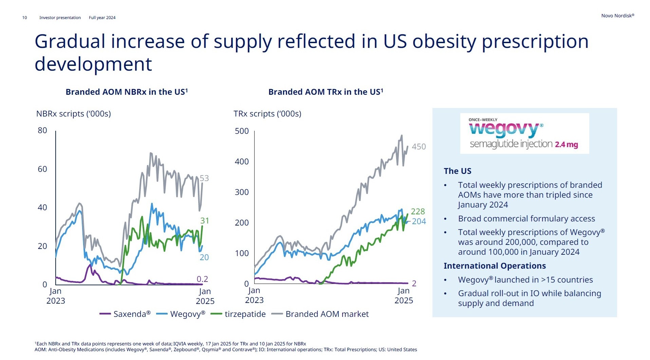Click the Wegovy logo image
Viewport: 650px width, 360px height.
tap(524, 133)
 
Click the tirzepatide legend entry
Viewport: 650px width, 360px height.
tap(238, 314)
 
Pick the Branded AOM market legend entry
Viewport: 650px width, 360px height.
tap(320, 314)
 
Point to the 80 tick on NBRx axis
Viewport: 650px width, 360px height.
tap(42, 130)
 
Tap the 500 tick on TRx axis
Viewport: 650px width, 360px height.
tap(242, 131)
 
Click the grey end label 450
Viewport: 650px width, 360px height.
tap(419, 147)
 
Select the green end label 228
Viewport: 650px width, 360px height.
tap(417, 211)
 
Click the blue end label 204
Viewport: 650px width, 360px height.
tap(419, 221)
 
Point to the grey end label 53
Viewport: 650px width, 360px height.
tap(204, 178)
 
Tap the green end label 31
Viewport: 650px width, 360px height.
tap(204, 221)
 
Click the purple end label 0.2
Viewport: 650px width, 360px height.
tap(202, 279)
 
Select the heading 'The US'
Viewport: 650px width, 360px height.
tap(457, 171)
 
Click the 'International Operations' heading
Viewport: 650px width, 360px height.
tap(495, 266)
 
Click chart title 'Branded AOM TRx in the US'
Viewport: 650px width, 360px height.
tap(326, 92)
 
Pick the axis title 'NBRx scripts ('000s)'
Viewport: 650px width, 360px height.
tap(73, 114)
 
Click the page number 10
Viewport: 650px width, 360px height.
tap(24, 18)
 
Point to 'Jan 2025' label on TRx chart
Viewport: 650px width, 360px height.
tap(404, 295)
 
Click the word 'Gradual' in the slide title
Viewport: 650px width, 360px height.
tap(70, 41)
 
